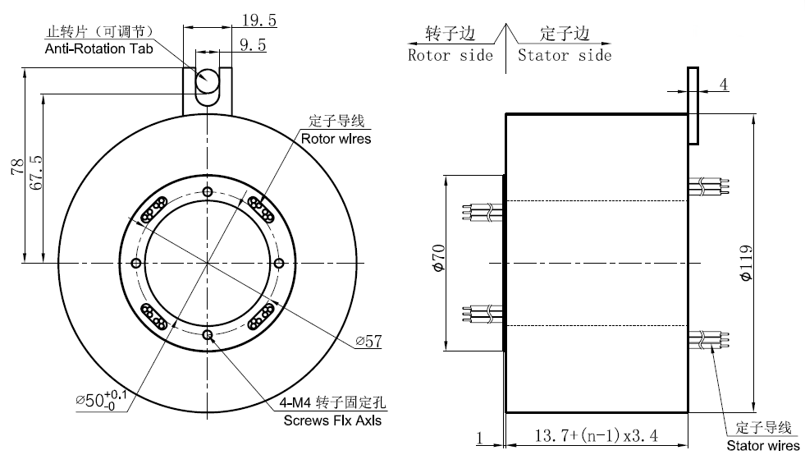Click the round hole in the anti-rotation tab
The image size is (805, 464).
[x=207, y=80]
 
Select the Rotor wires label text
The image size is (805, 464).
[x=336, y=139]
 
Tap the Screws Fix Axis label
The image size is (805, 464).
[x=332, y=421]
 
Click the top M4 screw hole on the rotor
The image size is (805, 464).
[x=207, y=192]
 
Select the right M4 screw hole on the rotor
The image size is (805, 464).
[x=278, y=264]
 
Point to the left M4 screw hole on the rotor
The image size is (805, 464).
[x=135, y=264]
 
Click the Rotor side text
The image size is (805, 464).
[x=451, y=55]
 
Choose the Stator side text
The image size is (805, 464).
[x=565, y=55]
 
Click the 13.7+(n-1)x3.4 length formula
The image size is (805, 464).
[x=597, y=436]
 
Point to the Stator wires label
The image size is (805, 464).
[x=763, y=446]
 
